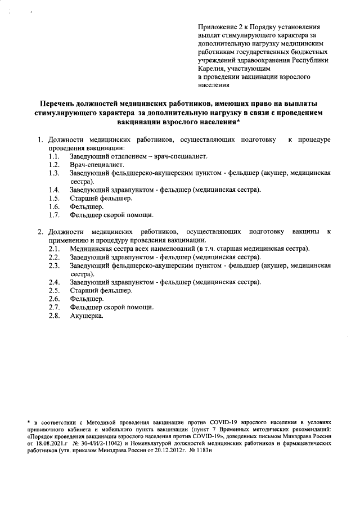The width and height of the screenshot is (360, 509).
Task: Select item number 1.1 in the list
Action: tap(54, 156)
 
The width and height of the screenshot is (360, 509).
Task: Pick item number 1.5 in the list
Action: tap(54, 198)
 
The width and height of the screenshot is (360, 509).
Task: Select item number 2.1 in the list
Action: tap(54, 249)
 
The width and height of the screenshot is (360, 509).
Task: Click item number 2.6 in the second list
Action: tap(54, 299)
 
